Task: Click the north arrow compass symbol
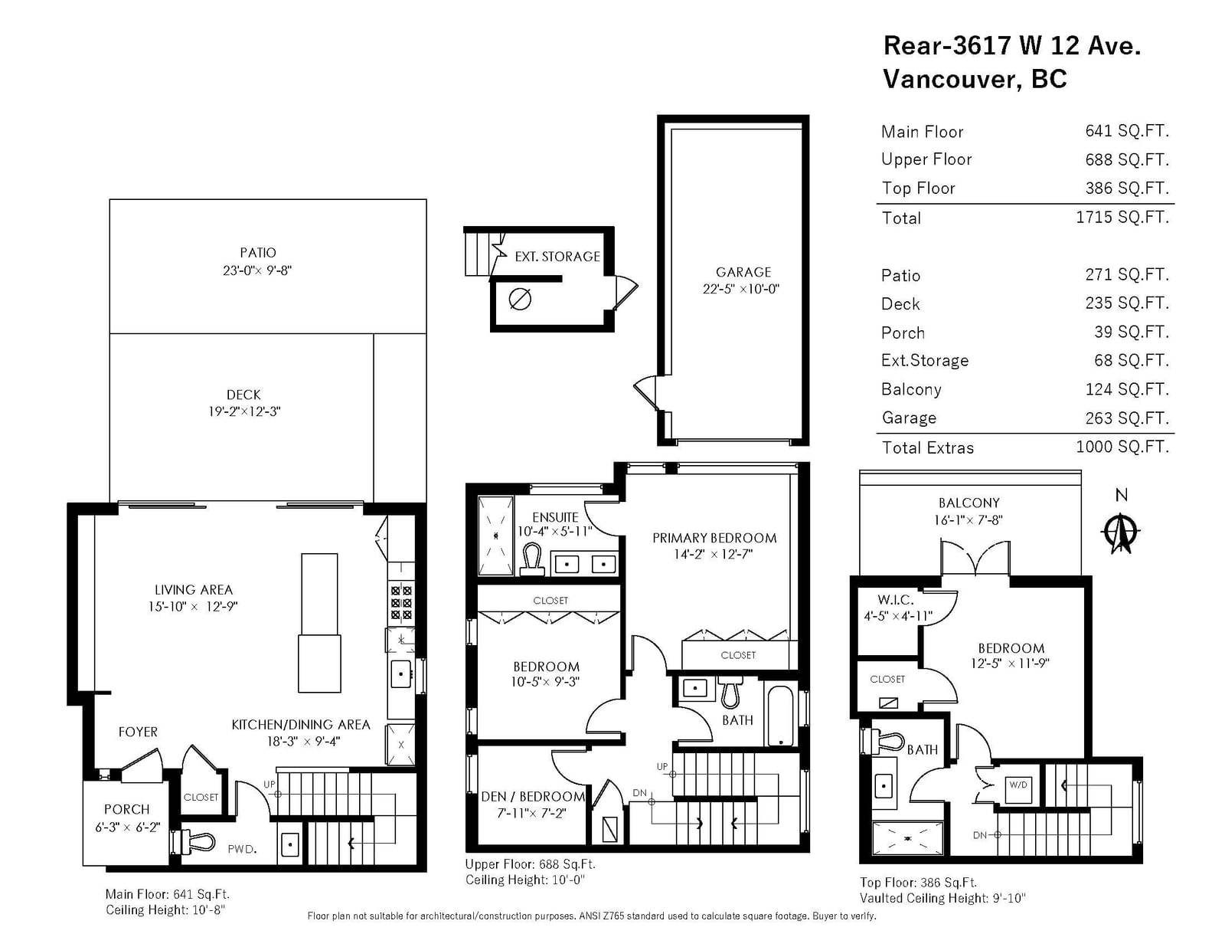click(1120, 532)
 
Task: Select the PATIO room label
click(257, 252)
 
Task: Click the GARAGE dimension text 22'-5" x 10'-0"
click(740, 289)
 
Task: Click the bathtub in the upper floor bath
click(780, 716)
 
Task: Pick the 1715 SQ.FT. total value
click(1122, 217)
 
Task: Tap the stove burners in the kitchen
click(401, 602)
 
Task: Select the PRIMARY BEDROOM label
click(714, 538)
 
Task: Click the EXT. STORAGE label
click(557, 257)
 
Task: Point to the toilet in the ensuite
click(531, 559)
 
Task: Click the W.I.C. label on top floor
click(895, 600)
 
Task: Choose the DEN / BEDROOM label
click(532, 796)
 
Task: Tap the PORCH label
click(127, 809)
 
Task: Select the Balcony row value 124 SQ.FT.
click(1127, 388)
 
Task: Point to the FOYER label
click(138, 732)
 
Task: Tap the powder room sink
click(289, 844)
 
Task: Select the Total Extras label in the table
click(927, 448)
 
